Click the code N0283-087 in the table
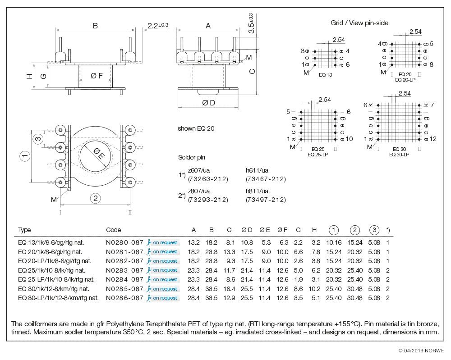(124, 270)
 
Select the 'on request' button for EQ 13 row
(163, 242)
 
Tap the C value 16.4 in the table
(229, 289)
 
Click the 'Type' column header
(24, 230)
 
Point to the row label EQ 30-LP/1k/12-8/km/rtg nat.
(58, 298)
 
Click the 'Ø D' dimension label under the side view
(208, 103)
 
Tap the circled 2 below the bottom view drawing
(95, 198)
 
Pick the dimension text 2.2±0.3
(157, 26)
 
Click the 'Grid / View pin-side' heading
(359, 23)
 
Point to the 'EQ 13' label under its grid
(325, 75)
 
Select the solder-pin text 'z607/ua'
(199, 170)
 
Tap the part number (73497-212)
(266, 200)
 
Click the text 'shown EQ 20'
(196, 128)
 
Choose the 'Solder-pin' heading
(192, 158)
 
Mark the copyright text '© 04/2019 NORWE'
(421, 351)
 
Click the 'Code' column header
(113, 230)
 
